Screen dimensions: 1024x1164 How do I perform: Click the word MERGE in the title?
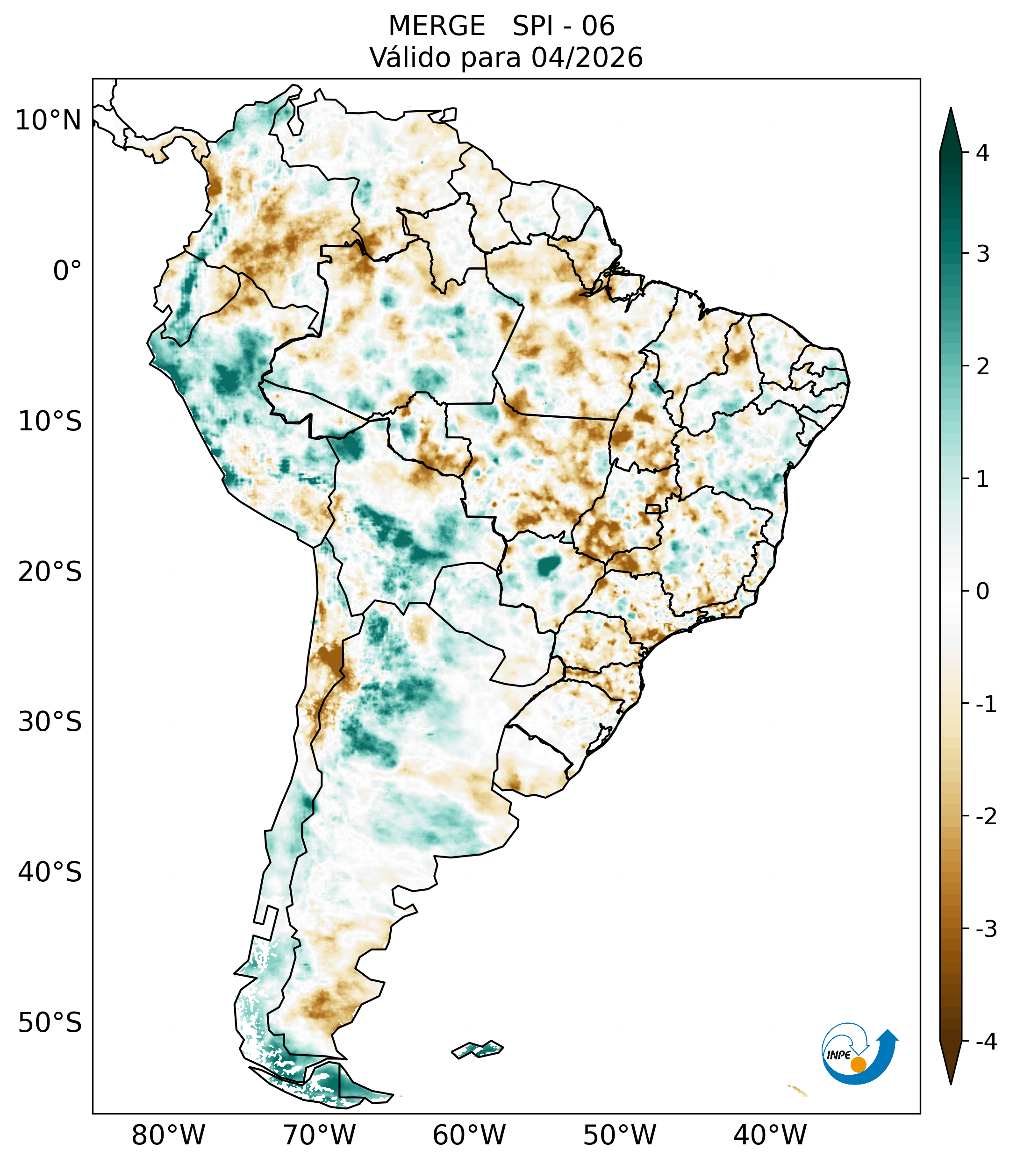click(437, 26)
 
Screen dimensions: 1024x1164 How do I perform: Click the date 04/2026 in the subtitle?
click(587, 57)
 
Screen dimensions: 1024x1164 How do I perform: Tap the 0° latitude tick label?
click(67, 271)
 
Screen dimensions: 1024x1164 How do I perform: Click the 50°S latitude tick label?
click(50, 1022)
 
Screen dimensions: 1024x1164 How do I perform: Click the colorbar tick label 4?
click(982, 153)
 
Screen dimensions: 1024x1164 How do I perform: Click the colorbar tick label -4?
click(986, 1042)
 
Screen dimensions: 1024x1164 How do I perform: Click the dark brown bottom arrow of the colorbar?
click(951, 1063)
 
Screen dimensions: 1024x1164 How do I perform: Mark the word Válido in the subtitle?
click(409, 57)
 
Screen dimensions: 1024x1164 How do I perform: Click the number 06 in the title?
click(598, 26)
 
